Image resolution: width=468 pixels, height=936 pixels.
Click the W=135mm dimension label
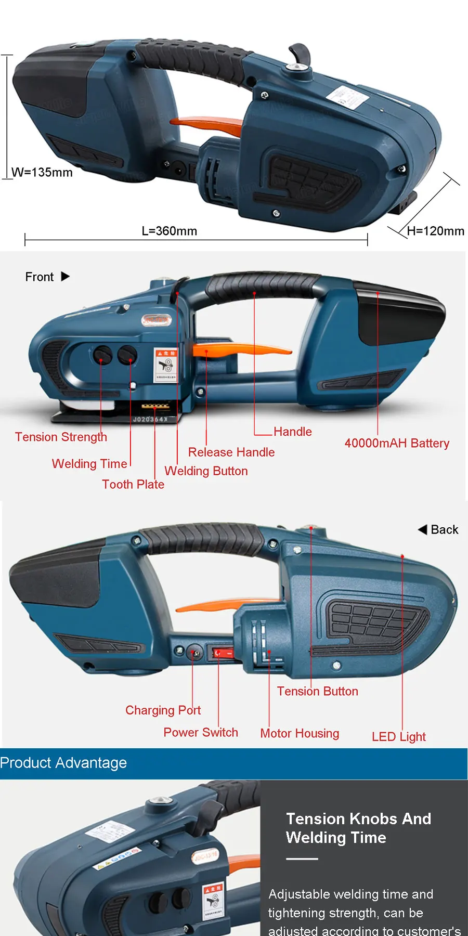point(42,173)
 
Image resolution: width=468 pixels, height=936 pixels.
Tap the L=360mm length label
point(170,231)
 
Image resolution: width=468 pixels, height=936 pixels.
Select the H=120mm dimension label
point(435,231)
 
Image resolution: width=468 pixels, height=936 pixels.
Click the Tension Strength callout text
point(61,437)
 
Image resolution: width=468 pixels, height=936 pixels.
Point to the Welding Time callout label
point(89,464)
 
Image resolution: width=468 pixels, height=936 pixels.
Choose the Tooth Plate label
point(133,485)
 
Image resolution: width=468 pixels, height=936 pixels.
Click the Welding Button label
point(206,471)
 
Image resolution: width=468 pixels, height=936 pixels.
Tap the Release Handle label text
point(231,452)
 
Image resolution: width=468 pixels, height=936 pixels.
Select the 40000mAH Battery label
point(397,444)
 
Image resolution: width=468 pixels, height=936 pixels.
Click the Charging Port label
point(163,710)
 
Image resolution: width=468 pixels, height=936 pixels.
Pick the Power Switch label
point(201,733)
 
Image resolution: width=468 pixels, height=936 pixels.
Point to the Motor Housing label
point(300,734)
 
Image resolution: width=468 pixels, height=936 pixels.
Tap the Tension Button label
point(317,692)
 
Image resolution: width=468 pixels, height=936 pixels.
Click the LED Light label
point(399,737)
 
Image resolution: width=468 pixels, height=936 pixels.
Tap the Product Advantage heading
point(63,763)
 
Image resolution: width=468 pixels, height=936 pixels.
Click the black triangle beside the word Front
point(66,277)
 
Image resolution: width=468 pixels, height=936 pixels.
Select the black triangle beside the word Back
point(422,529)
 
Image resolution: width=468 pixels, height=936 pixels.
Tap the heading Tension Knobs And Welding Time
point(358,828)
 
